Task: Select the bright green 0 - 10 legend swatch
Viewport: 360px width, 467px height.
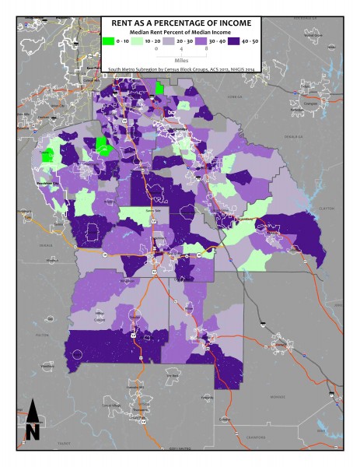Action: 108,40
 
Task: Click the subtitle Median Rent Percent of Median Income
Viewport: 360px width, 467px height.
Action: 180,32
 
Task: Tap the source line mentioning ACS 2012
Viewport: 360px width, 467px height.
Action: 180,68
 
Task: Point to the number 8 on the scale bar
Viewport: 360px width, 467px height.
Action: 205,48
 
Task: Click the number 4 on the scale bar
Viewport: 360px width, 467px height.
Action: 181,48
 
